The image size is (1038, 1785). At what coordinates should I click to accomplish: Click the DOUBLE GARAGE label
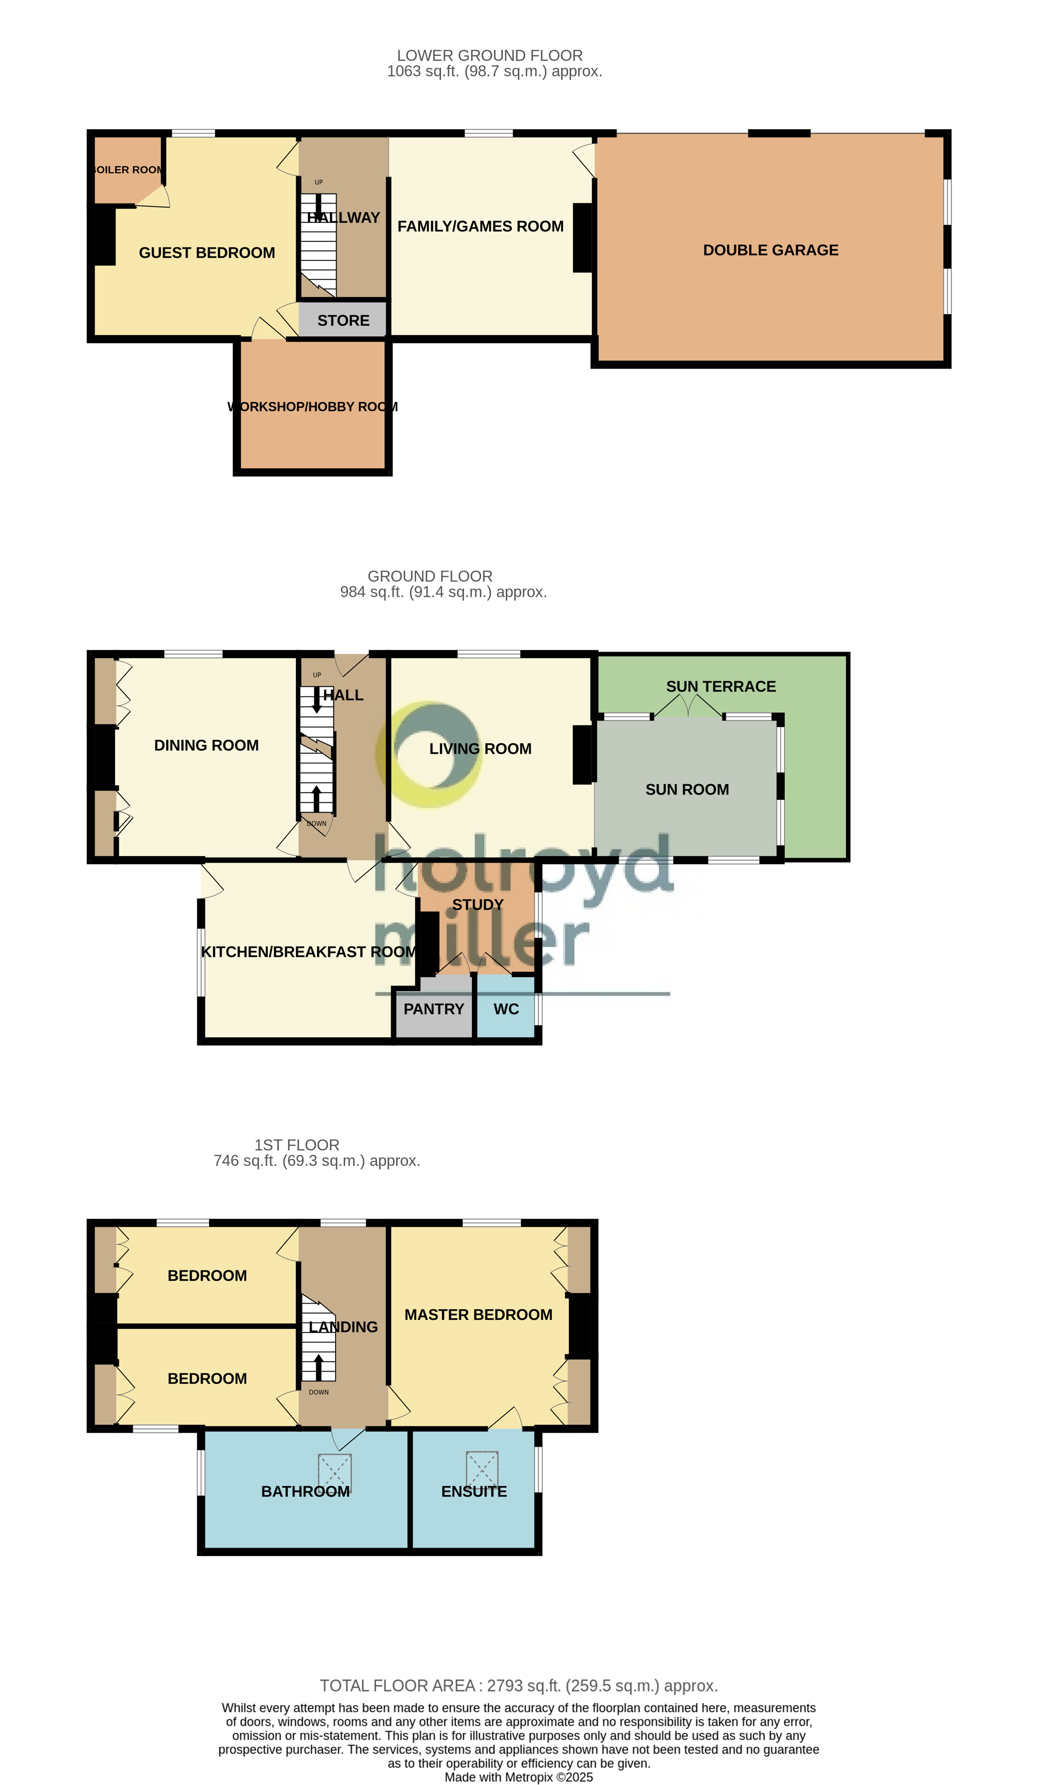click(x=770, y=250)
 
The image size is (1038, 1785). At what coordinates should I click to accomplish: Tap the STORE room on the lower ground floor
click(x=343, y=320)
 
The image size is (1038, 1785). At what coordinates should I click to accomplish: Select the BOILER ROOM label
click(x=128, y=170)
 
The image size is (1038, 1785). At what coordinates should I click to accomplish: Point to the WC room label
click(x=506, y=1009)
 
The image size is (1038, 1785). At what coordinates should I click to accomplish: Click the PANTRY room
click(x=433, y=1009)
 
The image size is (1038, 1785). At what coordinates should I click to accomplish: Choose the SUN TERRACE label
click(x=721, y=686)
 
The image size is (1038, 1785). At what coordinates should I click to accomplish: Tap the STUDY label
click(x=478, y=904)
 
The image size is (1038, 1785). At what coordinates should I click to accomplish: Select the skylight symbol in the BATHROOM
click(x=335, y=1473)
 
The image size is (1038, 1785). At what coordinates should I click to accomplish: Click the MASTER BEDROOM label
click(x=478, y=1315)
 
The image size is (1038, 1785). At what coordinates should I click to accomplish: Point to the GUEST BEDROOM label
click(x=207, y=253)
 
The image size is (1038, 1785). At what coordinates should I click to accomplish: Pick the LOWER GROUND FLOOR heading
click(x=490, y=55)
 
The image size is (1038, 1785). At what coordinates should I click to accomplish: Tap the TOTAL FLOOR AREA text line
click(x=518, y=1685)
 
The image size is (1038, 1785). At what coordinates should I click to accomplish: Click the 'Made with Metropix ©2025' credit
click(x=518, y=1777)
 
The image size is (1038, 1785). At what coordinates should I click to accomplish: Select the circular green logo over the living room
click(x=429, y=754)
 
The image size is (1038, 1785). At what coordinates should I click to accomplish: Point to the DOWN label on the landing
click(x=319, y=1392)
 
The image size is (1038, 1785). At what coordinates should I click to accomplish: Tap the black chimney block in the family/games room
click(x=582, y=238)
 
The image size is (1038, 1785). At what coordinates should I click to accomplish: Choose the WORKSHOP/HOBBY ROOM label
click(x=312, y=407)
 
